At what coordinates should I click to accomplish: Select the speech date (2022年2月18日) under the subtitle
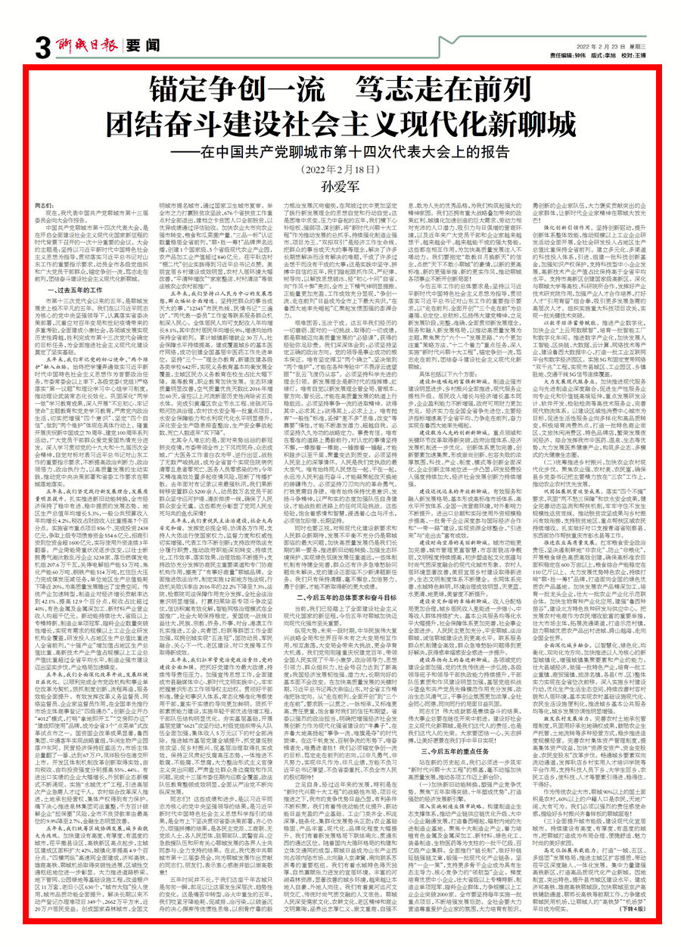point(340,168)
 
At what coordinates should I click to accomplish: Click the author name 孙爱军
point(340,184)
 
